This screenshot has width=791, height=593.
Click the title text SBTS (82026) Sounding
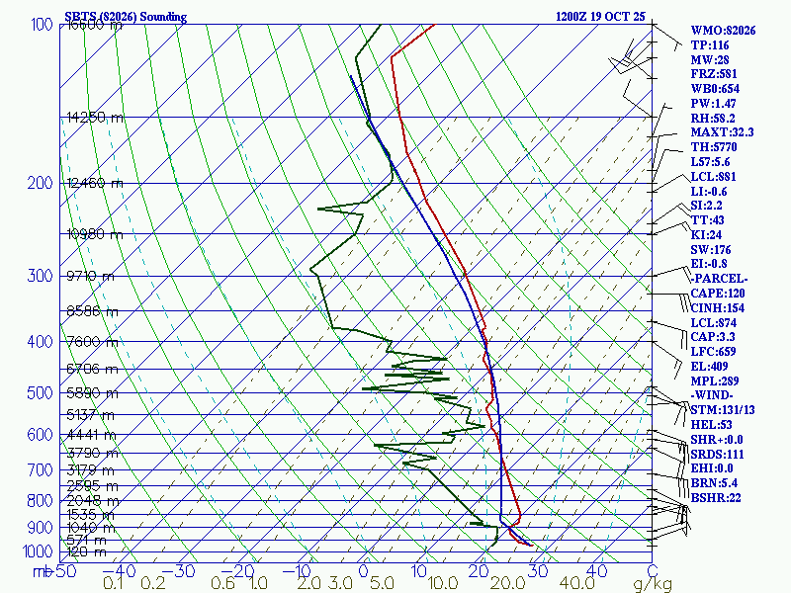pyautogui.click(x=125, y=17)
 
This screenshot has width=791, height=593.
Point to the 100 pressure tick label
pyautogui.click(x=41, y=25)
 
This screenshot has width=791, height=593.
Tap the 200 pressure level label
pyautogui.click(x=41, y=184)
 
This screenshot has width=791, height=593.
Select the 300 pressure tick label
pyautogui.click(x=41, y=276)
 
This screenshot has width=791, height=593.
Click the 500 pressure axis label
pyautogui.click(x=41, y=393)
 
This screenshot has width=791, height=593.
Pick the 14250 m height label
pyautogui.click(x=95, y=118)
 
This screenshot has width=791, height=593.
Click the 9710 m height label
pyautogui.click(x=90, y=276)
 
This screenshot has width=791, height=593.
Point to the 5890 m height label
pyautogui.click(x=90, y=393)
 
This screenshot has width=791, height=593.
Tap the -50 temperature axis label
pyautogui.click(x=62, y=571)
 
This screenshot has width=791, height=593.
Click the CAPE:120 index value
pyautogui.click(x=716, y=293)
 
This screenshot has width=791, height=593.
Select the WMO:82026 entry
pyautogui.click(x=723, y=31)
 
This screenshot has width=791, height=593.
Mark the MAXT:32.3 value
pyautogui.click(x=722, y=132)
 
